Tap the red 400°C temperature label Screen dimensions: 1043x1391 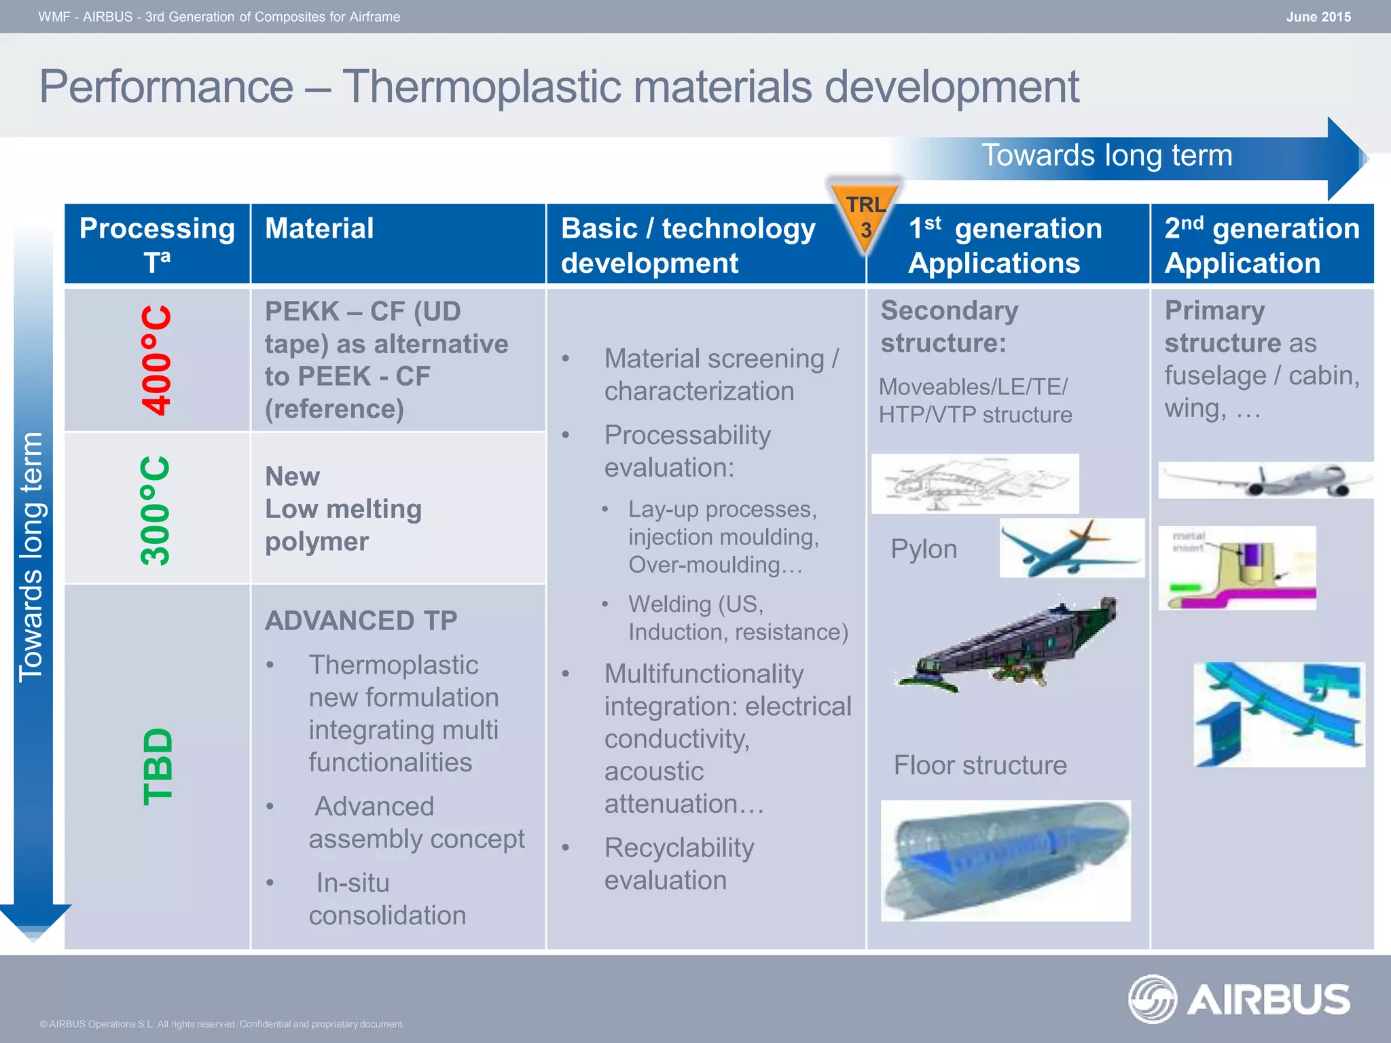coord(157,360)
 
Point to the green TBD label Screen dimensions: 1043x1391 coord(158,767)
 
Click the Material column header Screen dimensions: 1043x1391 coord(319,229)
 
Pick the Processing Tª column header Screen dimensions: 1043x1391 coord(157,244)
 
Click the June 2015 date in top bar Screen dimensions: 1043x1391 coord(1318,17)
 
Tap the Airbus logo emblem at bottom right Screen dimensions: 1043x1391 coord(1152,998)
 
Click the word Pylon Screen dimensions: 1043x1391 coord(924,549)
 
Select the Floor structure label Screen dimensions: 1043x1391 coord(979,765)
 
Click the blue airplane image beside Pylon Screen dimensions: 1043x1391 coord(1071,548)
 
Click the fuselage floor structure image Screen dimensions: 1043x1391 coord(1005,860)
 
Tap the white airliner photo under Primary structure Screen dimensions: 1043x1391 coord(1265,480)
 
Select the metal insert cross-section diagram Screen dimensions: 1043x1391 coord(1237,568)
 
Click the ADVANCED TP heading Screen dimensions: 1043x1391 coord(361,621)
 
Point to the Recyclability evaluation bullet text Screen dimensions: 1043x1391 coord(679,864)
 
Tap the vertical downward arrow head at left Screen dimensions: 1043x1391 coord(34,921)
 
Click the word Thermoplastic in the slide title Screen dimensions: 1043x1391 coord(577,86)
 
